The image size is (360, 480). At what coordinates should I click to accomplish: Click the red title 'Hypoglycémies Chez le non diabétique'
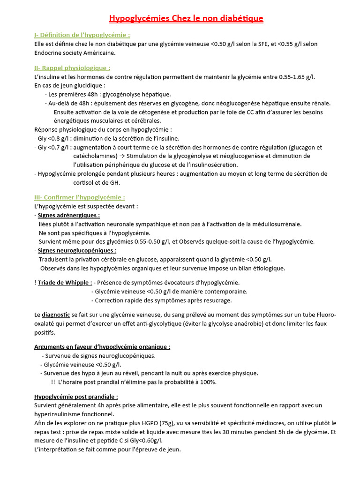(186, 19)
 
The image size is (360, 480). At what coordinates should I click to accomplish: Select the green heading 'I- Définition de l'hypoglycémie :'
(82, 35)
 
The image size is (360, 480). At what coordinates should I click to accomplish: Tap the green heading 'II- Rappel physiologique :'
(72, 68)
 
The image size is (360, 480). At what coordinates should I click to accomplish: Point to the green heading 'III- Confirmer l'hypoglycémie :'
(80, 197)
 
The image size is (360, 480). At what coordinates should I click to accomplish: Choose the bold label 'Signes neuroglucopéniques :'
(77, 251)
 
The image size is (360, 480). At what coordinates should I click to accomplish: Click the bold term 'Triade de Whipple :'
(65, 283)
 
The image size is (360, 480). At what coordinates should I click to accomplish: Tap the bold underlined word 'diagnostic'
(56, 315)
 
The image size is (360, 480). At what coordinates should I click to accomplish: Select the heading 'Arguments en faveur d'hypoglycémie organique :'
(102, 347)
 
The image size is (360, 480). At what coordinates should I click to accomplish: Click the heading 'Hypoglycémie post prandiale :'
(76, 397)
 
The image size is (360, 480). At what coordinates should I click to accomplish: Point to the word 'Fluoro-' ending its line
(326, 315)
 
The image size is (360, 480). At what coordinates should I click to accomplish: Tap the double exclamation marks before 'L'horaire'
(53, 382)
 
